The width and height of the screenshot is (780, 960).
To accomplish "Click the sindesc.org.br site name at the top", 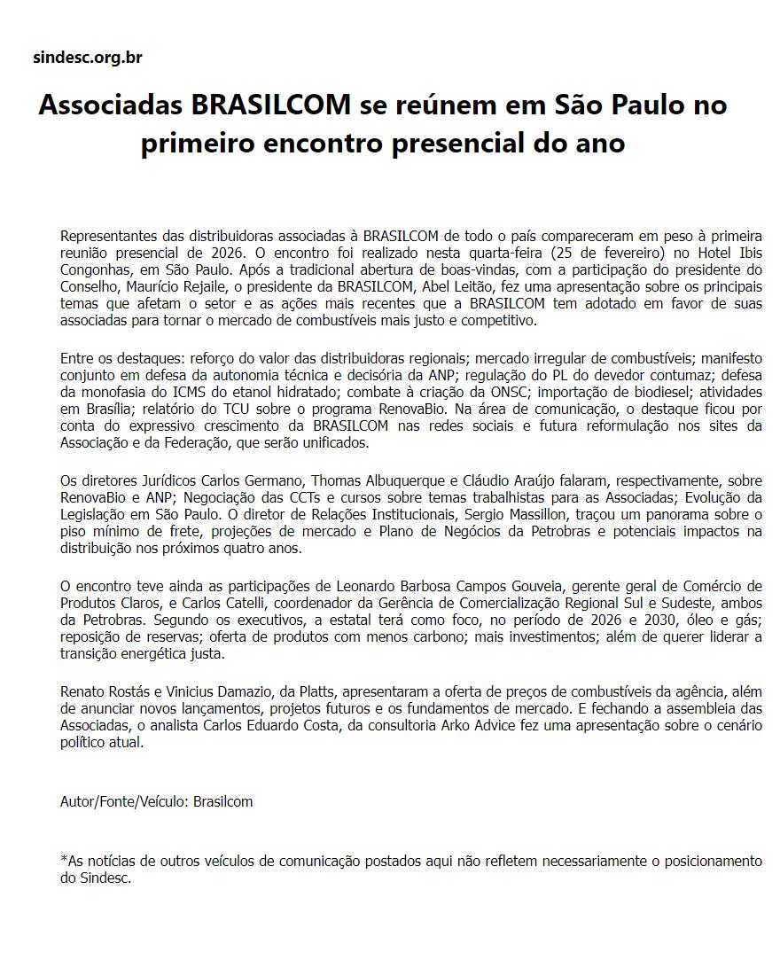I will click(x=87, y=59).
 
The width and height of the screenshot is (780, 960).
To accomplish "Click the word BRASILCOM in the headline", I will click(x=271, y=105).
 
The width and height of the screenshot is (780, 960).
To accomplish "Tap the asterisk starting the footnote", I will click(x=64, y=860).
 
